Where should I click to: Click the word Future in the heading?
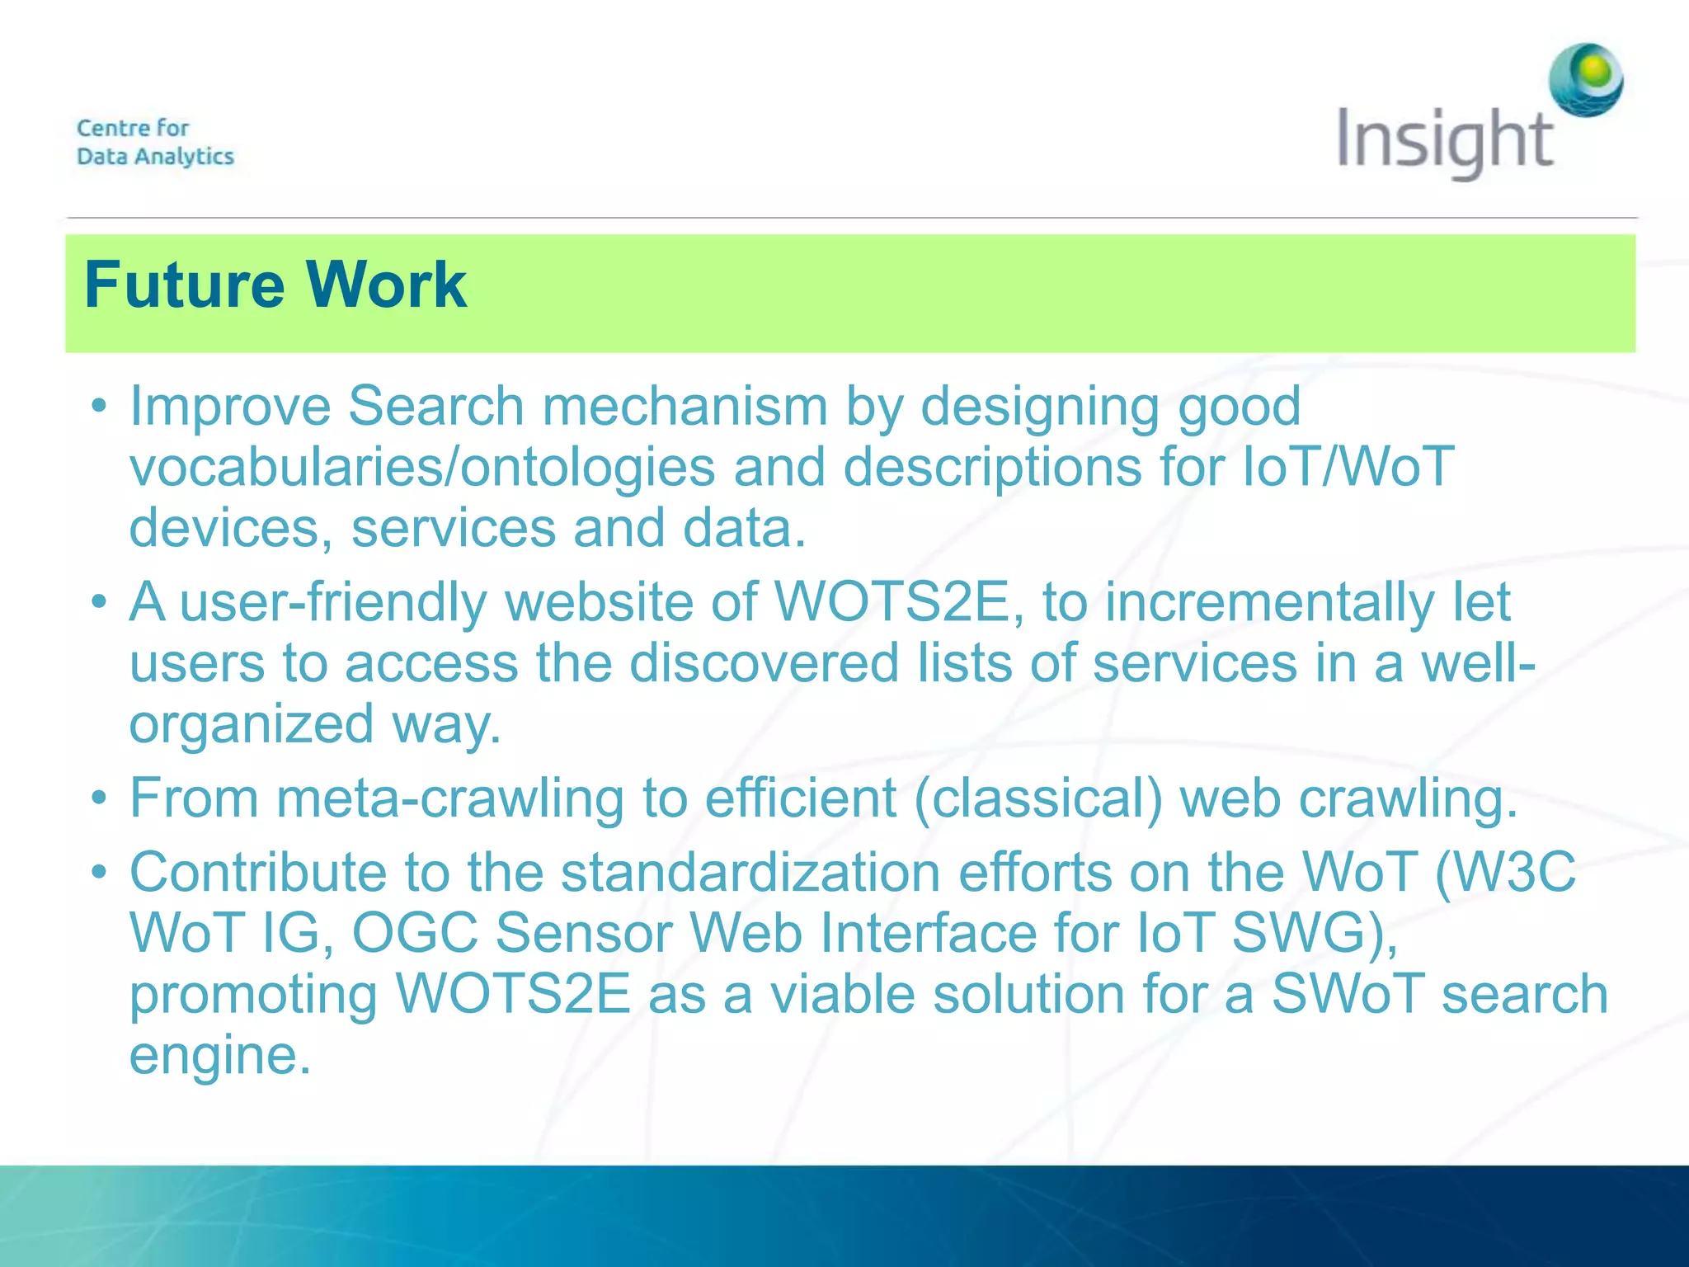183,285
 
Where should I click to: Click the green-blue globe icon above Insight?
1585,79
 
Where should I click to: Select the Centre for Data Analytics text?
155,142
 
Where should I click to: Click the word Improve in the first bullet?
229,407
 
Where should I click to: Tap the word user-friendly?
333,603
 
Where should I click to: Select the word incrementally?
1269,603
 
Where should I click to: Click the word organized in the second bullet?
252,725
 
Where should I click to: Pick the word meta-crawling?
450,799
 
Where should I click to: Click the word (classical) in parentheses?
1037,799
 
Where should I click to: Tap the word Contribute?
258,873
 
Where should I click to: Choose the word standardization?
750,873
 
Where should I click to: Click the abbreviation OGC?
415,934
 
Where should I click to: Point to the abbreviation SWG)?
1315,934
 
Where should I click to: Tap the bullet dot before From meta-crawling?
100,798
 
